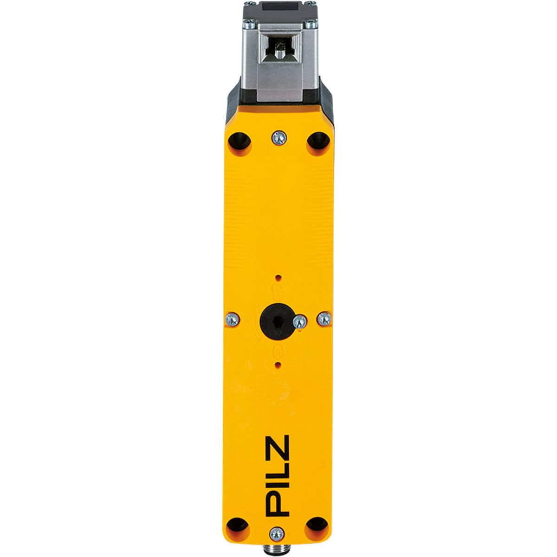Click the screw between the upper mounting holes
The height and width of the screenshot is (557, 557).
point(279,137)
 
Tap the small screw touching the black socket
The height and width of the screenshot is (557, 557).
point(300,320)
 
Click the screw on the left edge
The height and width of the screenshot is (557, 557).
point(232,319)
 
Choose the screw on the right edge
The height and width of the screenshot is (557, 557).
point(324,318)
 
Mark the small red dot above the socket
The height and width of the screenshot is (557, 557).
point(278,278)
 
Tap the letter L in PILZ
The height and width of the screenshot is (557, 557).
point(278,470)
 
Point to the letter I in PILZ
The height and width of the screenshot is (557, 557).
point(278,485)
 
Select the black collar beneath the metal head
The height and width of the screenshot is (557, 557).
point(278,109)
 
